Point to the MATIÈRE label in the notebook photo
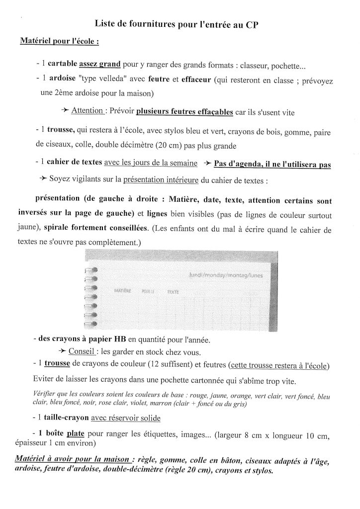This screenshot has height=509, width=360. coord(122,291)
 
